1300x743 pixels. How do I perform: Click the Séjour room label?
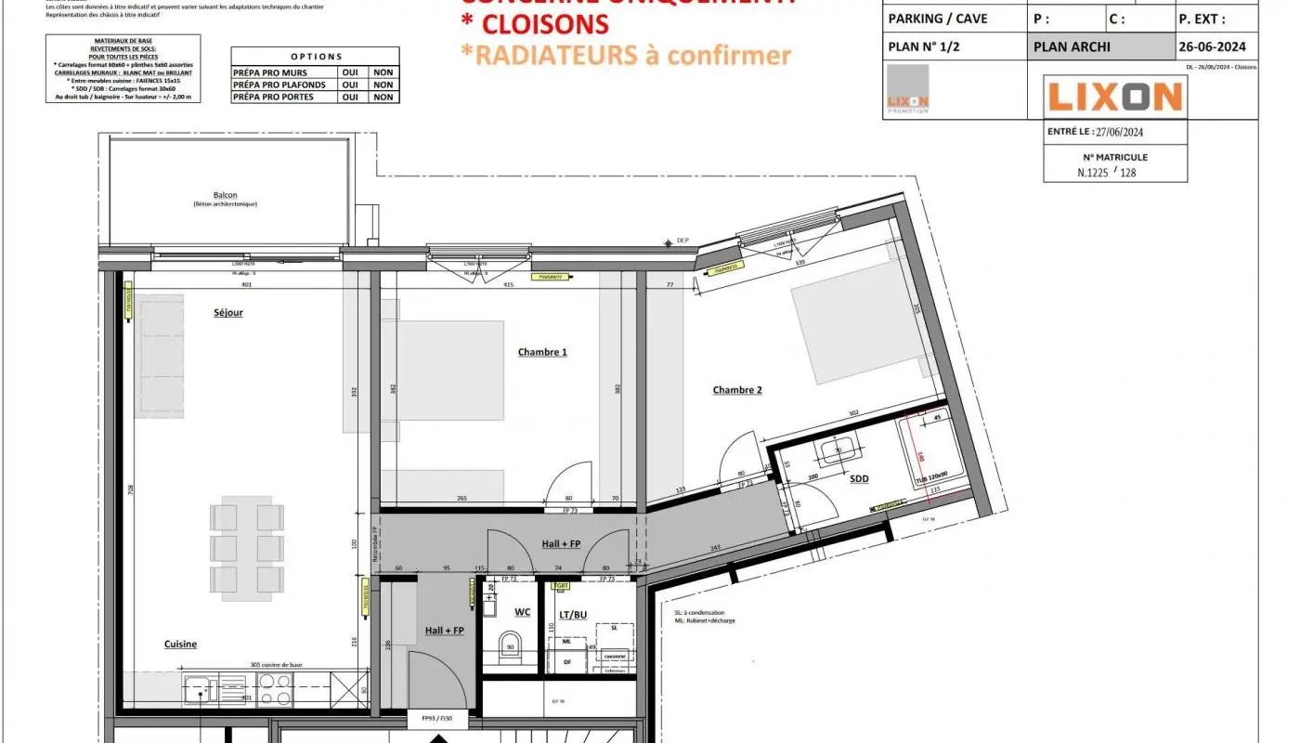227,313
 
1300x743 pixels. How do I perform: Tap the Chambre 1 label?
542,352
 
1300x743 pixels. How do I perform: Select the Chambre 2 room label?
737,390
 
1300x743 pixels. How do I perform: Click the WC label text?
522,612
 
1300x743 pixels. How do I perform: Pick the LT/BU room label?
573,614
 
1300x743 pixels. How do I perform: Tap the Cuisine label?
180,645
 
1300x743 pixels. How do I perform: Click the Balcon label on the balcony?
225,195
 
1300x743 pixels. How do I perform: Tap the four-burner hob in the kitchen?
275,689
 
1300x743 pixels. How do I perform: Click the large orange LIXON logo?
1114,97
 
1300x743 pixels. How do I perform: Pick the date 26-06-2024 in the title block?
1213,46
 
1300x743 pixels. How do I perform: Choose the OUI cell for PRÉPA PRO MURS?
350,72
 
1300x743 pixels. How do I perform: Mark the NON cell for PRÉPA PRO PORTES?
383,97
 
